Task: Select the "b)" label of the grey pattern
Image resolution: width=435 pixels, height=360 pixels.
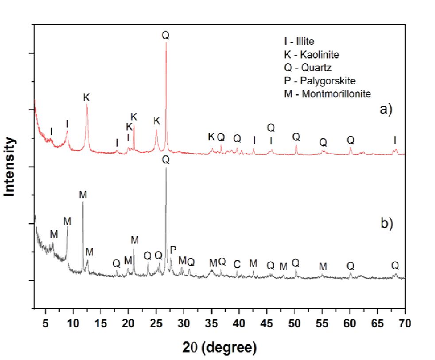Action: [x=387, y=224]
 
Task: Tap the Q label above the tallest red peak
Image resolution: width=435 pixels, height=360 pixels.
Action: [x=166, y=35]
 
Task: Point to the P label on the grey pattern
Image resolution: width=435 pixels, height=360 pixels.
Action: [x=173, y=250]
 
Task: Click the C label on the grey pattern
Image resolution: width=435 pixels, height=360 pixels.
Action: [x=237, y=264]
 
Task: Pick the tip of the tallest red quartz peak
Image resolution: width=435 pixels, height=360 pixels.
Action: [x=166, y=43]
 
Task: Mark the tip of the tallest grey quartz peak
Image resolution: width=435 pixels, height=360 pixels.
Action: [x=166, y=168]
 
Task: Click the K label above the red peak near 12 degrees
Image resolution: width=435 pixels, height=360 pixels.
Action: [x=86, y=97]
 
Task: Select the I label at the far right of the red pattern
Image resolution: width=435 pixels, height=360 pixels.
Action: [x=395, y=140]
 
